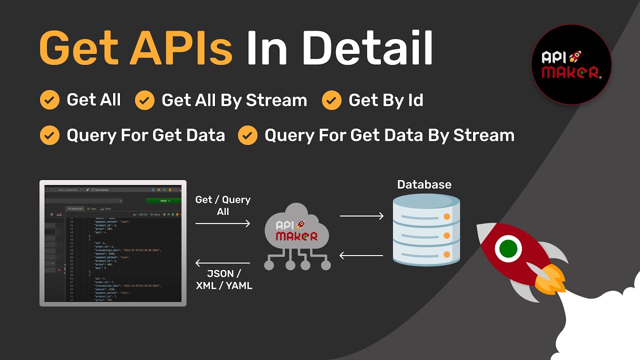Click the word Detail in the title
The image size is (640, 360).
(367, 48)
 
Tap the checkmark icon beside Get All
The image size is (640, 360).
(49, 100)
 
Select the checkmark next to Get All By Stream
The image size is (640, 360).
(144, 100)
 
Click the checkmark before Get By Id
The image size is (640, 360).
(331, 100)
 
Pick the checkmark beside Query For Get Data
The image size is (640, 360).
(49, 135)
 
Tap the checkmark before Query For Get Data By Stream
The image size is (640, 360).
(247, 135)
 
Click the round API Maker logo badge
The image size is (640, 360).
(571, 64)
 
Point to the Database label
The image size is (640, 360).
(424, 184)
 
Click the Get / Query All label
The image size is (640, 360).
(223, 205)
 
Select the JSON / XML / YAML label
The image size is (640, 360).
(223, 279)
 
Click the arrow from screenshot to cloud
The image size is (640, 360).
(222, 223)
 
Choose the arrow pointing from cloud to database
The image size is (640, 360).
(361, 216)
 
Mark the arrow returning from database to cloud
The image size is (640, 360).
(361, 255)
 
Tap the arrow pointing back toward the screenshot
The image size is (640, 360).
(222, 263)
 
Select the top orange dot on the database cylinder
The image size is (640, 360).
(446, 217)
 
